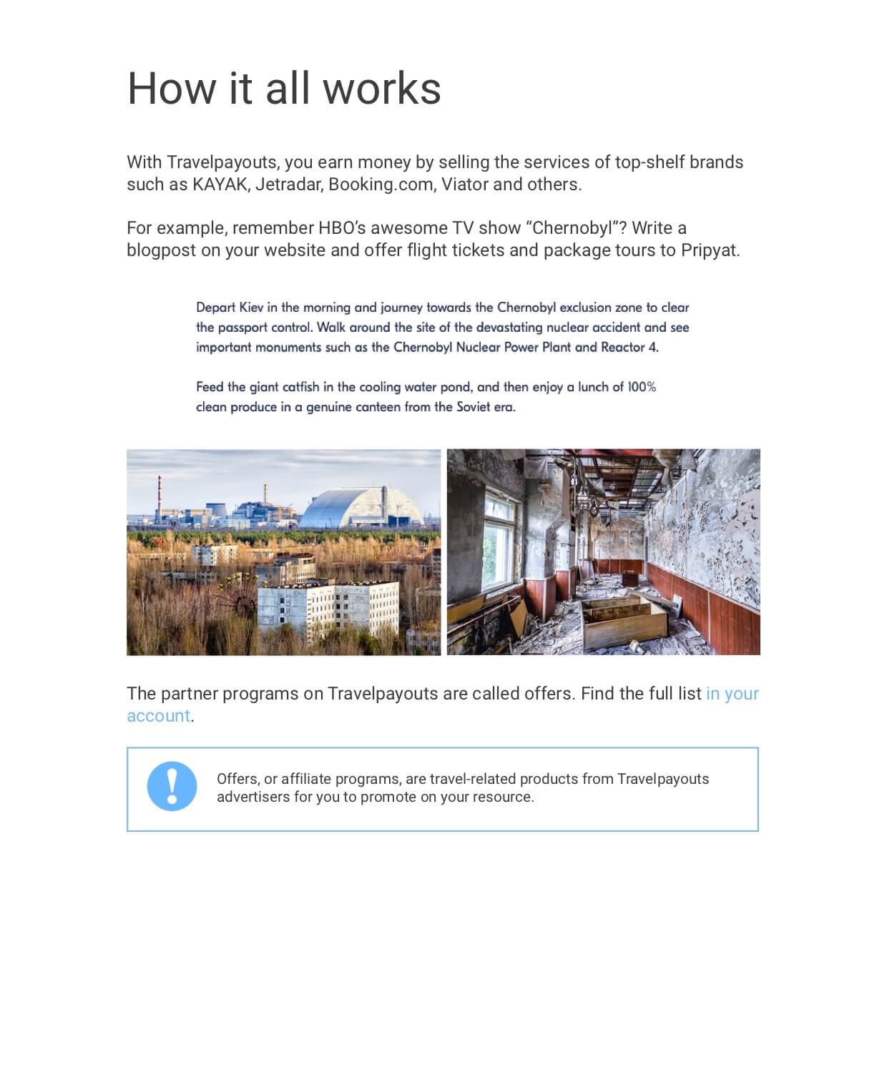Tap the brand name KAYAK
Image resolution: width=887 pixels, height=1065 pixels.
click(x=220, y=185)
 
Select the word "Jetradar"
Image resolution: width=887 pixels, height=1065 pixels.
click(x=288, y=185)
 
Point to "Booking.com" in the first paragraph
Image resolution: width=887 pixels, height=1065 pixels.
click(x=381, y=185)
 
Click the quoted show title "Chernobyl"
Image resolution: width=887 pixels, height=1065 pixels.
click(x=573, y=228)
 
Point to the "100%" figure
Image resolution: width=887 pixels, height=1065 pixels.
click(x=642, y=387)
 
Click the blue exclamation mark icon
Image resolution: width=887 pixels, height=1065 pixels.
click(x=172, y=786)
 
